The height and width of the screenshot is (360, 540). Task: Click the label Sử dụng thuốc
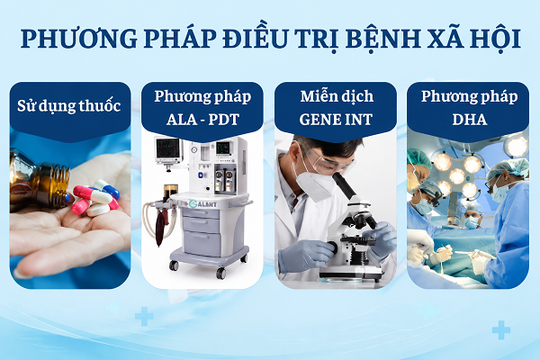(x=69, y=106)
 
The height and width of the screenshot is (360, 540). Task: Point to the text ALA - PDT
(x=202, y=120)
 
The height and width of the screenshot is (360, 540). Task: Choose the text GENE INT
(x=336, y=120)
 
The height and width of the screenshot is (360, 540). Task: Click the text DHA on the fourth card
(x=469, y=120)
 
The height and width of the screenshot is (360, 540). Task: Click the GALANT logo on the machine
(x=202, y=204)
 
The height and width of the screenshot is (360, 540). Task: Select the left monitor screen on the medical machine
(x=167, y=148)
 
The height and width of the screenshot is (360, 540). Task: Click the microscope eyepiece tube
(x=345, y=185)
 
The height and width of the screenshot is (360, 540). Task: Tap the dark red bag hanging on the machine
(x=161, y=228)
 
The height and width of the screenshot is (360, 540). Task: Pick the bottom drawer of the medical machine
(x=202, y=244)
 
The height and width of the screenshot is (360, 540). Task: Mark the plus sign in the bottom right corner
(x=501, y=330)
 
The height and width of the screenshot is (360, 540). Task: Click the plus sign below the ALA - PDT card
(x=144, y=316)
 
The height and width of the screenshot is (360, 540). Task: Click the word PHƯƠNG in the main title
(x=79, y=38)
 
